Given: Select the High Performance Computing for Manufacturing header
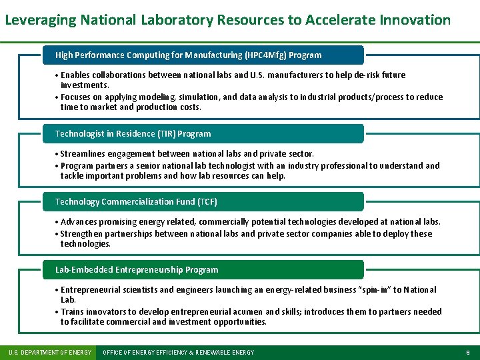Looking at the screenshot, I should tap(188, 55).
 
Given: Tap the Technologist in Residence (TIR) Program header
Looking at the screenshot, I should tap(133, 134).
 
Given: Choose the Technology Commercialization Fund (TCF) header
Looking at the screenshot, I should tap(136, 202).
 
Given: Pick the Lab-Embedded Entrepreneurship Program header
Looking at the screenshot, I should tap(137, 270).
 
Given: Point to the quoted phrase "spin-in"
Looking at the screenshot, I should tap(378, 290).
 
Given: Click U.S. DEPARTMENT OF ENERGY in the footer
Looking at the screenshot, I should tap(49, 352).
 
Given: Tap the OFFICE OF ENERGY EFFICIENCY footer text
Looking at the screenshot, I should tap(178, 352).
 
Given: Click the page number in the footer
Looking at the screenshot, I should tap(468, 352).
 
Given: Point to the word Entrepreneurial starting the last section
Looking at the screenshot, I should tap(89, 290).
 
